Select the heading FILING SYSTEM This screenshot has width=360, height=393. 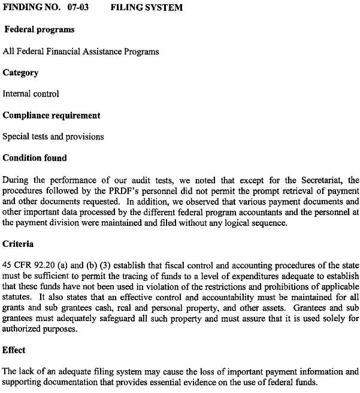coord(147,8)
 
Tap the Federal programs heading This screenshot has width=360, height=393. coord(40,29)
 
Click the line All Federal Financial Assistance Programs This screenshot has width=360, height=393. coord(81,52)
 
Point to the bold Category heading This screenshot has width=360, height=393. coord(20,72)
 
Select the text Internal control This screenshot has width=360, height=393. coord(31,94)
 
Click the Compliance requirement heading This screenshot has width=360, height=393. coord(52,115)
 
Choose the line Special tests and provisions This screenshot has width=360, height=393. coord(53,137)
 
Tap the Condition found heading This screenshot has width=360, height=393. coord(35,158)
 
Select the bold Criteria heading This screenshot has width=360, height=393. coord(18,244)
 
